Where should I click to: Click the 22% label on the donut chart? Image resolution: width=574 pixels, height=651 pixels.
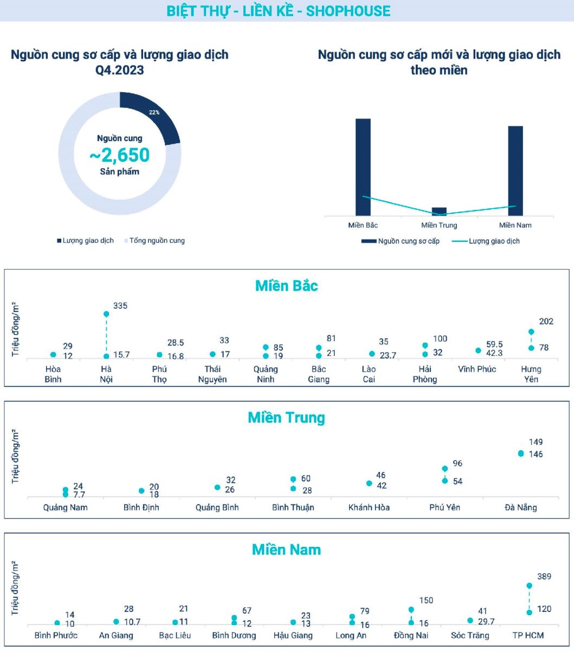pyautogui.click(x=154, y=112)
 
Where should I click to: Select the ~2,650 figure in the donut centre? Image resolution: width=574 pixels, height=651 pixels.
pyautogui.click(x=120, y=155)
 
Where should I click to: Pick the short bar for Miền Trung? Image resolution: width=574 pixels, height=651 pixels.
pyautogui.click(x=439, y=211)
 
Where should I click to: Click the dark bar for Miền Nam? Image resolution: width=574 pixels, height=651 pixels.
pyautogui.click(x=515, y=171)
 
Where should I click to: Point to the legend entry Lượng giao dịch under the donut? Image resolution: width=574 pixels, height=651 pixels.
pyautogui.click(x=85, y=240)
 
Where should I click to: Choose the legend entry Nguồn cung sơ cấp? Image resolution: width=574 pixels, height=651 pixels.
pyautogui.click(x=401, y=241)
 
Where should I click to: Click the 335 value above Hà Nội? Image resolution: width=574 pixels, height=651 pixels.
pyautogui.click(x=120, y=306)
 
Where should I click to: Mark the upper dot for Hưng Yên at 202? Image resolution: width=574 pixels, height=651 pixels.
pyautogui.click(x=531, y=331)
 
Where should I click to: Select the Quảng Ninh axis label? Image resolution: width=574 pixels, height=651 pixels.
pyautogui.click(x=266, y=374)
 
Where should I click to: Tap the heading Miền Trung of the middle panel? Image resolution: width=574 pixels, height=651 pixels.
pyautogui.click(x=286, y=418)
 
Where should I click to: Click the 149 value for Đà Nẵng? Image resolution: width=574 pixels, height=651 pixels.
pyautogui.click(x=536, y=442)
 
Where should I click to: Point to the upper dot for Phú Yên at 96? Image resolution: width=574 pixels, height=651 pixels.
pyautogui.click(x=445, y=469)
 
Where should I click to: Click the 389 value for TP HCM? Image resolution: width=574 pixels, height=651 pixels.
pyautogui.click(x=544, y=577)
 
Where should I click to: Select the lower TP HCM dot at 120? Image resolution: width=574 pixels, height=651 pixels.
pyautogui.click(x=529, y=612)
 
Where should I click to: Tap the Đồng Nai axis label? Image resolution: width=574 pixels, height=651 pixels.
pyautogui.click(x=411, y=635)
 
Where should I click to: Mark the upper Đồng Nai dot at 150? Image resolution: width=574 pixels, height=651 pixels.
pyautogui.click(x=411, y=610)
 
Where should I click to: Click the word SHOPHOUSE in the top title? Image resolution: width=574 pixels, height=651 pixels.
pyautogui.click(x=349, y=11)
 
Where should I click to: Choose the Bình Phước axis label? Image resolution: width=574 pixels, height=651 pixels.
pyautogui.click(x=56, y=635)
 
